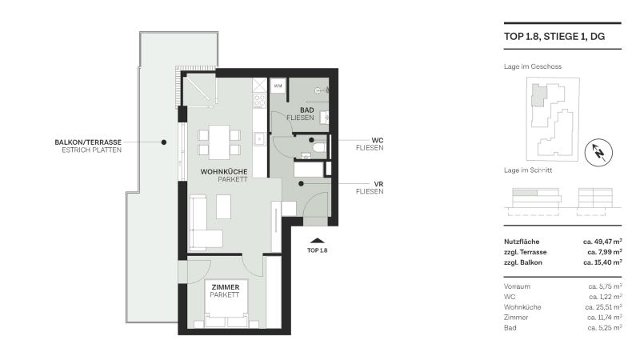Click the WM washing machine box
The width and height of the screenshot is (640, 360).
(x=278, y=86)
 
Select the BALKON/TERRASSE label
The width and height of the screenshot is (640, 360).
(x=88, y=142)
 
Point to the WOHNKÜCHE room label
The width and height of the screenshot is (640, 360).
(x=223, y=172)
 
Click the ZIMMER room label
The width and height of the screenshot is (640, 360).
(x=226, y=286)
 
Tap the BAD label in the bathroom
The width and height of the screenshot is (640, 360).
(x=306, y=110)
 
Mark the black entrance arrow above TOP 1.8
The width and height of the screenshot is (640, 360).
(x=318, y=239)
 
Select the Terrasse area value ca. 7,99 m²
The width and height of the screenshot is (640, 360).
(x=602, y=251)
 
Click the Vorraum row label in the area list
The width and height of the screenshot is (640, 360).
(x=517, y=286)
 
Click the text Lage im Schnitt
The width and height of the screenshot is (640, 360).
(x=526, y=170)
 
